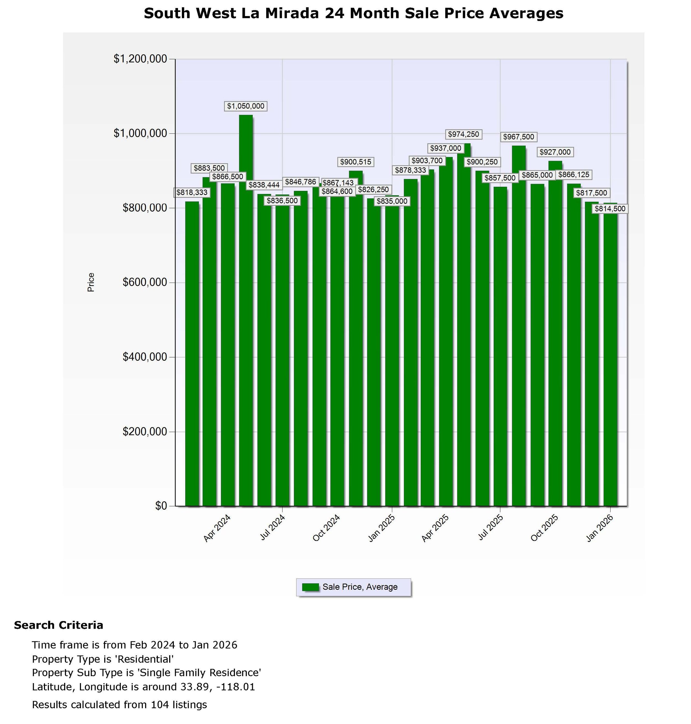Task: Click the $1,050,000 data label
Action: tap(246, 106)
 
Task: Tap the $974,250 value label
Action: tap(463, 134)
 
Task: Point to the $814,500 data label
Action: tap(610, 209)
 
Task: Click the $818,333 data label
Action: tap(192, 193)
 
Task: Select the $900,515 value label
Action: tap(355, 162)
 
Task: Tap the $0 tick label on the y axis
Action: tap(161, 506)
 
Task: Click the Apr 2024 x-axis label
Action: tap(217, 528)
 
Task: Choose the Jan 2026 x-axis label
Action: tap(600, 528)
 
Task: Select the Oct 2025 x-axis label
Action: tap(545, 528)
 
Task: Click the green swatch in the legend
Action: tap(310, 587)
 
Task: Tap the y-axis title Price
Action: tap(91, 282)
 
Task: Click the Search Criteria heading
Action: tap(59, 625)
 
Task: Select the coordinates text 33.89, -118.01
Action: tap(218, 687)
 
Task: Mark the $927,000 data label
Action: tap(555, 152)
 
